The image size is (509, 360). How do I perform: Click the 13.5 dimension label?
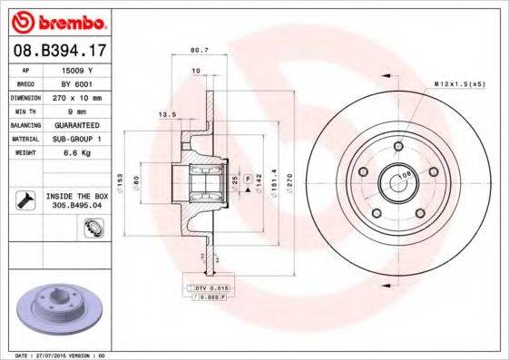[x=166, y=115]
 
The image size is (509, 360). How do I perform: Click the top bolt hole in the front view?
[x=397, y=146]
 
